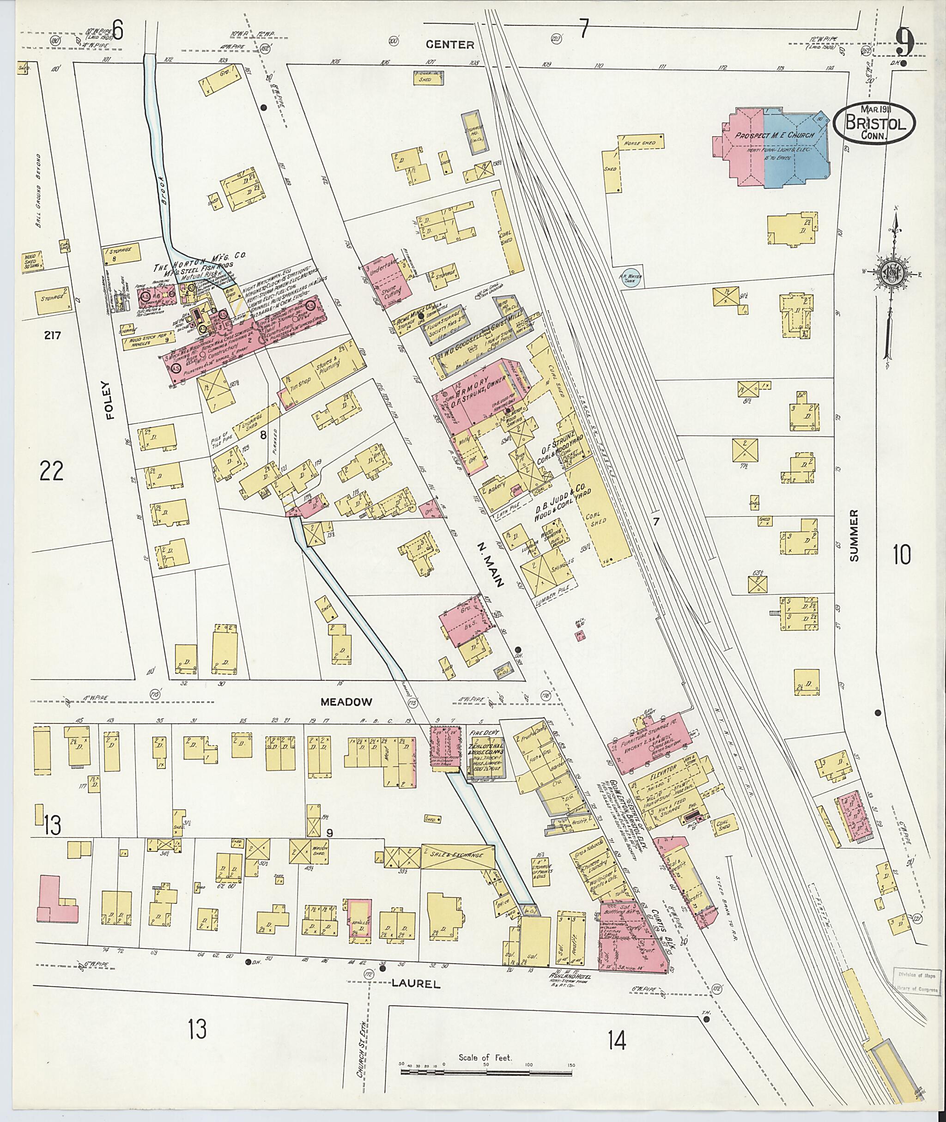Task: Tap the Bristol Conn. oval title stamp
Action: click(x=875, y=123)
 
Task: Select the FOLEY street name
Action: click(x=110, y=399)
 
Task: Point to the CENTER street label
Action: click(x=450, y=44)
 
